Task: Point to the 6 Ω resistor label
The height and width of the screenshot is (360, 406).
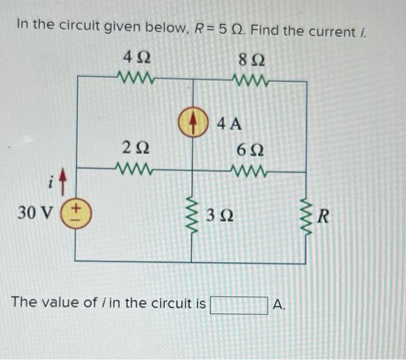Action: click(251, 149)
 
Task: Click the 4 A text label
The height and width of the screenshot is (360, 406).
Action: click(229, 123)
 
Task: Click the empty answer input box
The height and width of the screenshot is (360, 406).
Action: click(239, 304)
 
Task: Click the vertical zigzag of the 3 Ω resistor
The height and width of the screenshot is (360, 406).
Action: click(192, 215)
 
